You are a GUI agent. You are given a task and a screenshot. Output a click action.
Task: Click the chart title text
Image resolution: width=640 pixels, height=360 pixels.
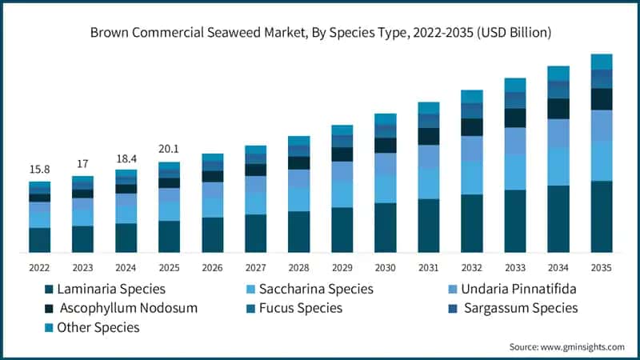320,33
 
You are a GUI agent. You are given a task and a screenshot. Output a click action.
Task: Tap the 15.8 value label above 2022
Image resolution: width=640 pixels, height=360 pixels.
40,170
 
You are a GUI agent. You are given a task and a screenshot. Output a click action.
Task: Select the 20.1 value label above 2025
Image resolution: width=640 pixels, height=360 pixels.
169,149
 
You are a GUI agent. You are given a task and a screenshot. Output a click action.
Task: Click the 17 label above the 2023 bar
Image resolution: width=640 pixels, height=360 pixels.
82,164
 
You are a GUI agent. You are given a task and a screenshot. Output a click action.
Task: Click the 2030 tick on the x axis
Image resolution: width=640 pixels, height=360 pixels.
385,268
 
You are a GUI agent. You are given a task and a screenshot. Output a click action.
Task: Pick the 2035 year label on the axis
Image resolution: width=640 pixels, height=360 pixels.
601,268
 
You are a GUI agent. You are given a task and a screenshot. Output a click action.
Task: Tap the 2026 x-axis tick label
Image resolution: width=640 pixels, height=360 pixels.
212,268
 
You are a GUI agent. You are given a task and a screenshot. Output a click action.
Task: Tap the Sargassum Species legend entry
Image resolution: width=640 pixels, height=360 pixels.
525,308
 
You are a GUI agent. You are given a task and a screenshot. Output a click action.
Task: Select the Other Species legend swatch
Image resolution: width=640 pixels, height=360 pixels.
50,327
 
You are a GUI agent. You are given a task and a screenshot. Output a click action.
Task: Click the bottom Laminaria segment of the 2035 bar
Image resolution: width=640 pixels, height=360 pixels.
601,217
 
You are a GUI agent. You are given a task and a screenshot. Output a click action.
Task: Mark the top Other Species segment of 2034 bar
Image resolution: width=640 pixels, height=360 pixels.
558,73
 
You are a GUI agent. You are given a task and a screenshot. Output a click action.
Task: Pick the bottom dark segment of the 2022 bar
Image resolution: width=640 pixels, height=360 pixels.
40,240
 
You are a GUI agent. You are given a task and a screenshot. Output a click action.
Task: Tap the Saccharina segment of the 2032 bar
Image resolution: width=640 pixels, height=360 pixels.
471,178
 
